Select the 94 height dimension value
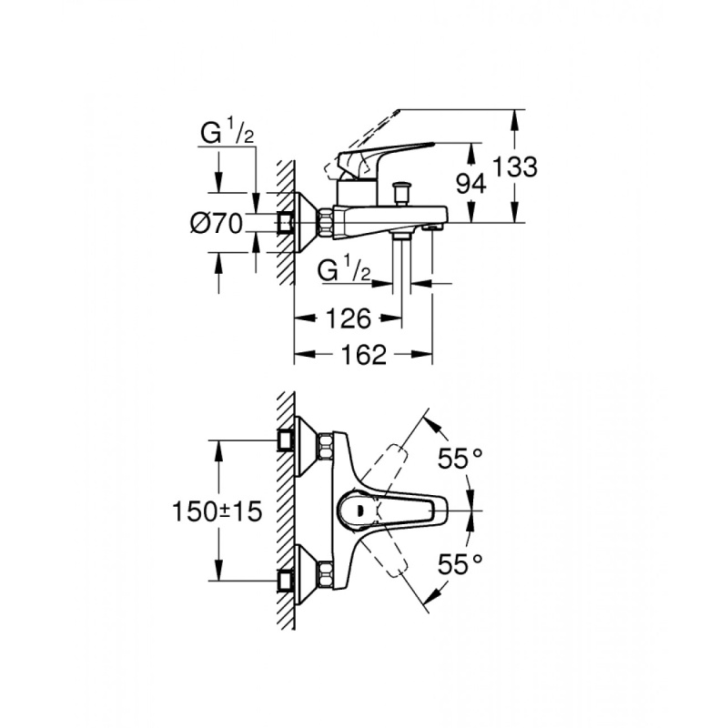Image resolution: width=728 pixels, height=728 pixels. [x=470, y=183]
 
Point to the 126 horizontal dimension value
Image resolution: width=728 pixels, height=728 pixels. [x=348, y=318]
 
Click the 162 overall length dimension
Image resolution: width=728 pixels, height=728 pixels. [x=362, y=355]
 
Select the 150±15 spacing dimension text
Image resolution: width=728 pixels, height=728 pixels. [x=217, y=512]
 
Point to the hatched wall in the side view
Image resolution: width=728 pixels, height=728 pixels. [x=284, y=218]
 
